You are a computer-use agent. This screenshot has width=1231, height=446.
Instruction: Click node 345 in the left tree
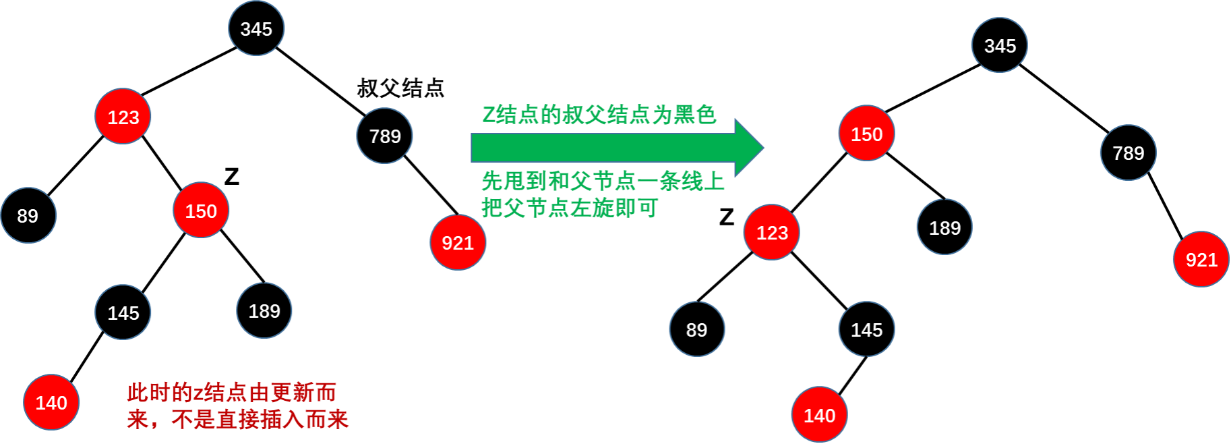(x=256, y=28)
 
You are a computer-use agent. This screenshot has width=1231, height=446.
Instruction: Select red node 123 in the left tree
(x=123, y=117)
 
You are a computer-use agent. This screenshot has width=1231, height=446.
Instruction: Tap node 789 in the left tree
(x=384, y=136)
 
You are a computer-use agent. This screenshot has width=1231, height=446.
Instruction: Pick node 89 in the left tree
(x=28, y=215)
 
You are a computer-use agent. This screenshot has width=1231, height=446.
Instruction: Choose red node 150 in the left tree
(x=201, y=211)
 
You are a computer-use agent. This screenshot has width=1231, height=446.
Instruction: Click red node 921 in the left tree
(x=458, y=242)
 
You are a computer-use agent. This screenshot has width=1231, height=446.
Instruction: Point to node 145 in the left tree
(x=123, y=312)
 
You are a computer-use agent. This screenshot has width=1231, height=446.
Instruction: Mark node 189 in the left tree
(x=264, y=310)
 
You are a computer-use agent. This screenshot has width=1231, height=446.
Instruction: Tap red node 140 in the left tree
(x=51, y=402)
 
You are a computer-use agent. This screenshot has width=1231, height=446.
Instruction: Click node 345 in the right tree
(x=999, y=45)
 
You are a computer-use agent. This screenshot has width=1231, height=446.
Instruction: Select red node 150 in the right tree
(x=866, y=134)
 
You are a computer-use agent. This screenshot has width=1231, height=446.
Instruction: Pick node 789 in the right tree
(x=1128, y=152)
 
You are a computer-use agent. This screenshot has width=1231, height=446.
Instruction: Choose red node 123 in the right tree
(x=772, y=232)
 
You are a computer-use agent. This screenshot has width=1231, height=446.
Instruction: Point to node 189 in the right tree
(x=944, y=227)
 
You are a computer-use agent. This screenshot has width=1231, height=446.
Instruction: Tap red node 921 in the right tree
(x=1201, y=259)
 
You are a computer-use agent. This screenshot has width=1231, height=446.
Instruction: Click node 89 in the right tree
(x=697, y=329)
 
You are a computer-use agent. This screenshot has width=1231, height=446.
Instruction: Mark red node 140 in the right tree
(x=819, y=415)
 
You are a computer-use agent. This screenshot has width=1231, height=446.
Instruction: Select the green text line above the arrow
(x=599, y=114)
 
